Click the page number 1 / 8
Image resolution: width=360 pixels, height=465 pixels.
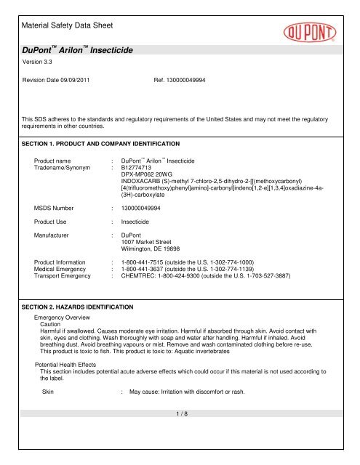pos(180,454)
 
